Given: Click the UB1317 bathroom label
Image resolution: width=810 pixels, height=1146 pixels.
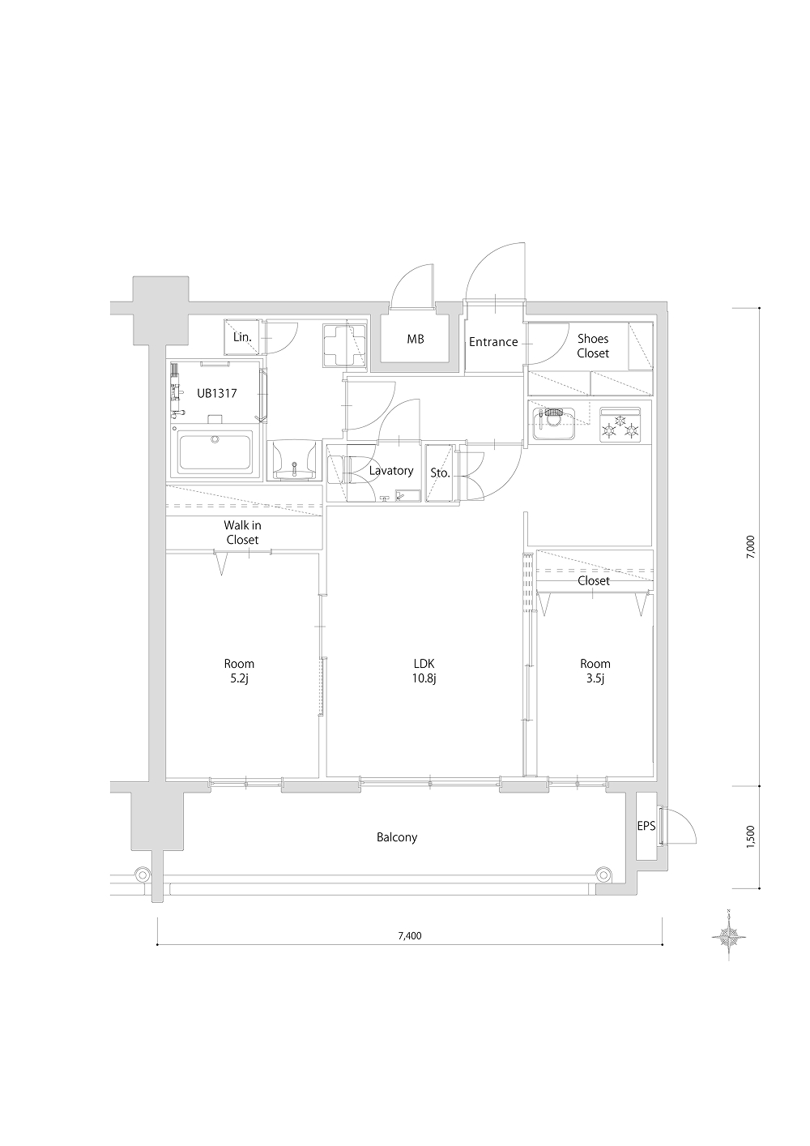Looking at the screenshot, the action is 217,393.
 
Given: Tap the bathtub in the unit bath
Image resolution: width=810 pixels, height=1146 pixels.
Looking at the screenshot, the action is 215,453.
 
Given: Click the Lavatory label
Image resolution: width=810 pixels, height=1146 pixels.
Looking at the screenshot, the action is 391,471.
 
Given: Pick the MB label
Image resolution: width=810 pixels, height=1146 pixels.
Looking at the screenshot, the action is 416,339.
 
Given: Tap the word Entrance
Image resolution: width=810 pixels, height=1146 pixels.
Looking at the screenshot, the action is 493,342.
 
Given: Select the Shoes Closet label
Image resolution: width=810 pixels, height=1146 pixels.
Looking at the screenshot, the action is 593,346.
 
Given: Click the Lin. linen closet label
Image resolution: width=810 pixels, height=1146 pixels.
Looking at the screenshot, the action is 242,337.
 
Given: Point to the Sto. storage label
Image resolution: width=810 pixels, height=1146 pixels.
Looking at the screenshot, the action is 441,473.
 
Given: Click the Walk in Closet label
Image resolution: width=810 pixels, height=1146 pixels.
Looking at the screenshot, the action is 242,532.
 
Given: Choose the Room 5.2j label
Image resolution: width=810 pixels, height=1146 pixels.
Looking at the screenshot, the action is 239,671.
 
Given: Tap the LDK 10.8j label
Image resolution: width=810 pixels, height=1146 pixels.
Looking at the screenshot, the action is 424,671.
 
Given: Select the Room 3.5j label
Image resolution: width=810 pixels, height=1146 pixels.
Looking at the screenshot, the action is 595,671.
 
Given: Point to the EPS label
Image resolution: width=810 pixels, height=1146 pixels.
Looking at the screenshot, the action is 646,826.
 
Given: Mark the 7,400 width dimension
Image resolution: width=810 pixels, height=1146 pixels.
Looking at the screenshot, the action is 410,936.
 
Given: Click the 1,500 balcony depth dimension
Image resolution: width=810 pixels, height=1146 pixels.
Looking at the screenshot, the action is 751,837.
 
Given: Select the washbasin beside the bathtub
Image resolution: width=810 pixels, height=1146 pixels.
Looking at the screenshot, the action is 294,460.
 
